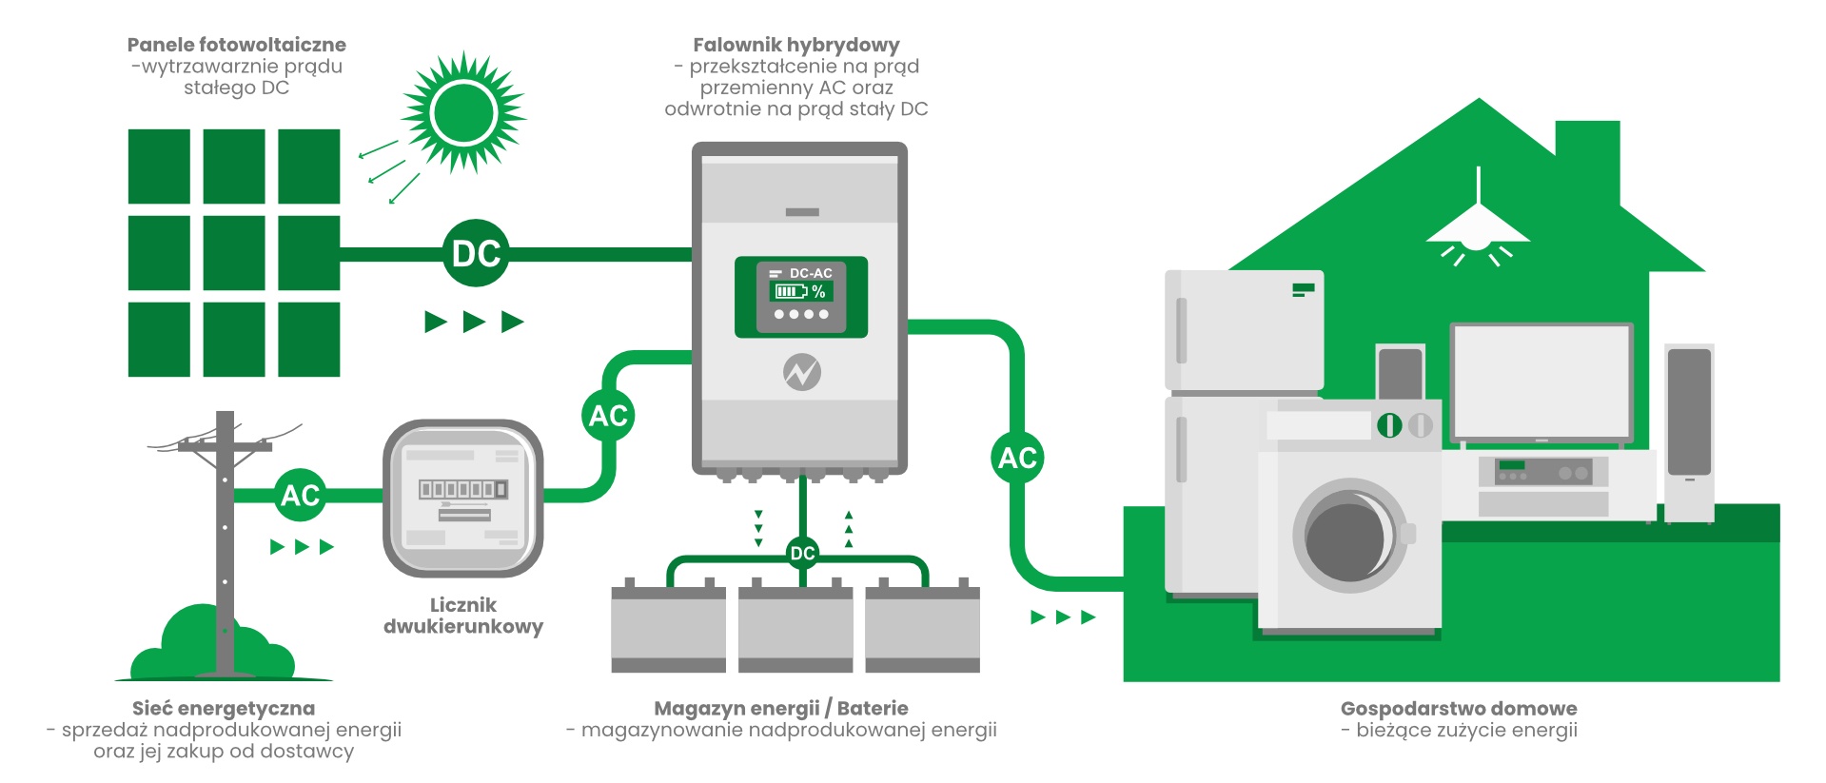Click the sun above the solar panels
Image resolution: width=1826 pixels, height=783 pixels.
tap(463, 112)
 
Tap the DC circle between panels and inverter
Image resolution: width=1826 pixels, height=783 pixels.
tap(476, 253)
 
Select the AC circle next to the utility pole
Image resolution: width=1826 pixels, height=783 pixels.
tap(301, 495)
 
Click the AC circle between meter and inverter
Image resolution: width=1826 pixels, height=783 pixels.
tap(608, 416)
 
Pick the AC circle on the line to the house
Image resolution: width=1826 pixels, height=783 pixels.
tap(1017, 458)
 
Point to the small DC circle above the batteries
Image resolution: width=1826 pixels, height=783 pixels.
tap(802, 553)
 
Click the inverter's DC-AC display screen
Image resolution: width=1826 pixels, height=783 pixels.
tap(801, 296)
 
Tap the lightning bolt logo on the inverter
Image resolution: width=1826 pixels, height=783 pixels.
tap(802, 372)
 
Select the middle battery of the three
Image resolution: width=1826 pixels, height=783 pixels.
tap(795, 628)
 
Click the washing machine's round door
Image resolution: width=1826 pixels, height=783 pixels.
tap(1349, 536)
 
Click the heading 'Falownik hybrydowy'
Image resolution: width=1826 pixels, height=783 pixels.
tap(795, 45)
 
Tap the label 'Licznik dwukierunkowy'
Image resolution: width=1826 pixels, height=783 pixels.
tap(463, 616)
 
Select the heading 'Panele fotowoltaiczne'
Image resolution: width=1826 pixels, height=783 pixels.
tap(236, 45)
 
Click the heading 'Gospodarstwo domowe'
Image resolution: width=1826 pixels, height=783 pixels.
tap(1458, 709)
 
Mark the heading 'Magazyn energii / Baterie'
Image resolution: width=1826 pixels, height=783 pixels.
tap(780, 709)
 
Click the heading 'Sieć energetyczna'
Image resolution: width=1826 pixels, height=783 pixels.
tap(224, 709)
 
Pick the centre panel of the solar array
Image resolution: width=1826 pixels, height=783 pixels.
tap(234, 253)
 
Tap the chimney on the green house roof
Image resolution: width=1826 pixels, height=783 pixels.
tap(1587, 152)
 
